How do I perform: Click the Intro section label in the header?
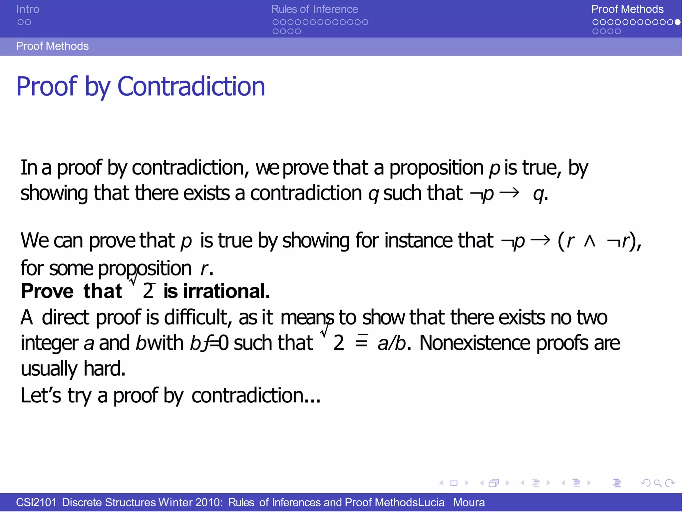tap(28, 9)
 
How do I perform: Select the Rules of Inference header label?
tap(314, 9)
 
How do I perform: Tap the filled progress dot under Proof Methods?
tap(677, 22)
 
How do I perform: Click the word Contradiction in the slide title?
tap(191, 87)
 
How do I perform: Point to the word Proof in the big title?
tap(47, 87)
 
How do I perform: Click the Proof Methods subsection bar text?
tap(52, 46)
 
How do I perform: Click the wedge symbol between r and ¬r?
tap(589, 241)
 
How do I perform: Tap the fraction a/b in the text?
tap(392, 343)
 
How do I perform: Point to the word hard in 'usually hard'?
tap(104, 369)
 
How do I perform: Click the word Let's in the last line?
tap(41, 395)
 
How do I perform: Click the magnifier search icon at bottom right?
tap(657, 483)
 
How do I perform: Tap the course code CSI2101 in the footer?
tap(36, 502)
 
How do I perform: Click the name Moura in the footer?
tap(469, 502)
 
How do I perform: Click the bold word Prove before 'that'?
tap(47, 291)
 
